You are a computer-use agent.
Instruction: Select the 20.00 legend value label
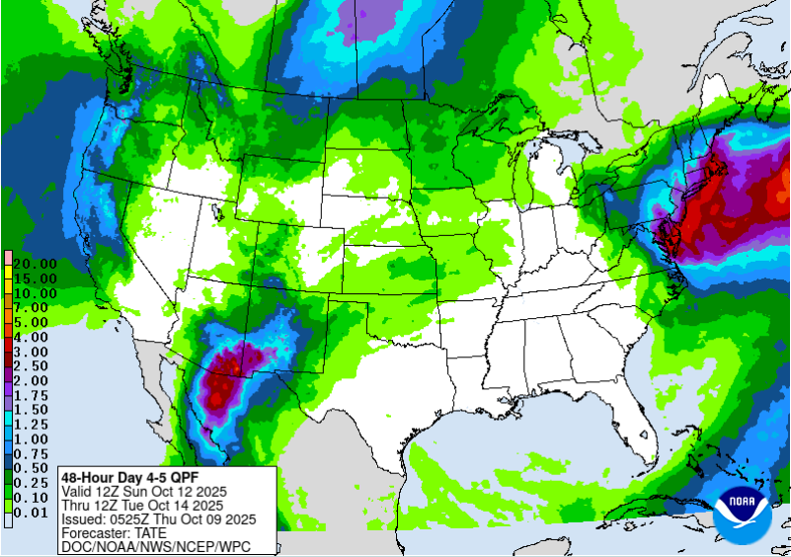point(34,265)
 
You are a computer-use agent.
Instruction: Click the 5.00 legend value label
point(34,322)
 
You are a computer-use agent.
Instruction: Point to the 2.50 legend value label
point(34,365)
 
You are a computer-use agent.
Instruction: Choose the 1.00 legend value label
point(34,438)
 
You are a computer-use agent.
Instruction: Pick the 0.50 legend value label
point(34,466)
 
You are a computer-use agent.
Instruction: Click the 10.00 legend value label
point(34,293)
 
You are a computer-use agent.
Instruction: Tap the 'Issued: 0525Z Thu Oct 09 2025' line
point(158,518)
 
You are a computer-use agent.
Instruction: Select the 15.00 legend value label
point(34,279)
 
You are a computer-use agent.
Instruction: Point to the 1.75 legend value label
point(34,394)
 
